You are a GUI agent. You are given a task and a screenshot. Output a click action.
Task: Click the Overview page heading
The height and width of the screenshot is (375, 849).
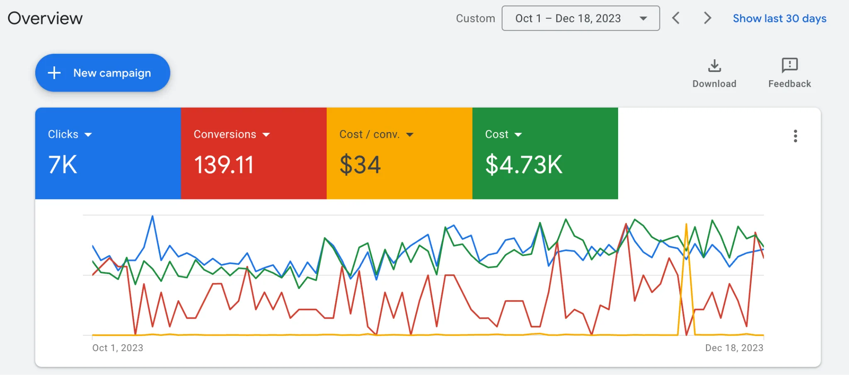45,18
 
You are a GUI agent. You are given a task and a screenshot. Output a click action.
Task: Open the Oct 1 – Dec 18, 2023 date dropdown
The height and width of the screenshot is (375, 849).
581,18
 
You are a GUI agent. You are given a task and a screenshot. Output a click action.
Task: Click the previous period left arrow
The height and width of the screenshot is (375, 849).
676,18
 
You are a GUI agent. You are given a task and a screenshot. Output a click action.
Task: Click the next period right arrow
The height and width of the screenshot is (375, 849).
708,18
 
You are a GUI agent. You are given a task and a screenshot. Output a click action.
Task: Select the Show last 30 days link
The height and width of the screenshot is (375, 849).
779,19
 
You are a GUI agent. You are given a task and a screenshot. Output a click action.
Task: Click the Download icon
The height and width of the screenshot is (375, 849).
714,66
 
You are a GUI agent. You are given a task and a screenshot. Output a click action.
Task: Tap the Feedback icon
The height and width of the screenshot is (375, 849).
790,65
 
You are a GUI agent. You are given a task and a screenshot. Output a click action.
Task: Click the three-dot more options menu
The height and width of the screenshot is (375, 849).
795,136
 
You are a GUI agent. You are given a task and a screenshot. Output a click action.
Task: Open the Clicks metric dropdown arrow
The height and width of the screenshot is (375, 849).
88,135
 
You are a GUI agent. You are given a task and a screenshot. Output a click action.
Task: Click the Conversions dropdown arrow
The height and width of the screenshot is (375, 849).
266,135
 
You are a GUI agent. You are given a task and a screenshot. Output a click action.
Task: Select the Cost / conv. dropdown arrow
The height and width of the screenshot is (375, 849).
410,135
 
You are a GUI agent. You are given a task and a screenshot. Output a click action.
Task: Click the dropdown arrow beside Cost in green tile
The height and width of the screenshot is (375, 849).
518,135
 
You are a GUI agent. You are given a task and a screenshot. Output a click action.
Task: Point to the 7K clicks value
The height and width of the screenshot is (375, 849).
63,165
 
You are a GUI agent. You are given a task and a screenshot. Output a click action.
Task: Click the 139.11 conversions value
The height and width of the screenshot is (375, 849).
224,165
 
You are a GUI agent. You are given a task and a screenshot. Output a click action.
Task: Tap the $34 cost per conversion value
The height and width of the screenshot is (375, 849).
360,165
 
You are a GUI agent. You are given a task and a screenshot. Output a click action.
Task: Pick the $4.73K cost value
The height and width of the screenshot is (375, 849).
524,165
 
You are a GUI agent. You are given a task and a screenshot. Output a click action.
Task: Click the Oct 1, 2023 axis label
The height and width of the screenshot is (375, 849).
118,348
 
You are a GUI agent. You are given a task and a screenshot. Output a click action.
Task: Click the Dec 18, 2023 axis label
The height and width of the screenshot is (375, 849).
734,348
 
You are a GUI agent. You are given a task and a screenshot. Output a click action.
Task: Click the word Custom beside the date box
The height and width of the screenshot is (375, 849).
475,19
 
